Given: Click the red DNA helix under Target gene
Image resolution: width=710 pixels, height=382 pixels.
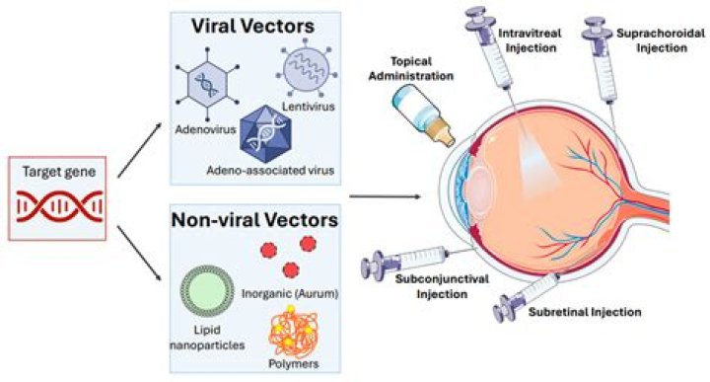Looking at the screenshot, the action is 59,206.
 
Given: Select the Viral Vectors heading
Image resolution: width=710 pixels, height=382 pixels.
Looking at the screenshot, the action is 252,26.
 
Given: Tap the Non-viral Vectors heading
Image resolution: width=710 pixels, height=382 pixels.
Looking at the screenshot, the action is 254,220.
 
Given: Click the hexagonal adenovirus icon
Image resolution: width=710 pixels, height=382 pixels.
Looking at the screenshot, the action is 207,84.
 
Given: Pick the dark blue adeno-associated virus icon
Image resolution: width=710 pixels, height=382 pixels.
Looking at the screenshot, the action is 266,134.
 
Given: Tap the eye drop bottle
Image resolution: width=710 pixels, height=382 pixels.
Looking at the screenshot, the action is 423,115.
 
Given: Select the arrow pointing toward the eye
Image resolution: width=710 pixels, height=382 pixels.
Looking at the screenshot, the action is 386,196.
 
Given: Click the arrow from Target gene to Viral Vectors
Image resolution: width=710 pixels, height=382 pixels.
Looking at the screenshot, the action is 139,150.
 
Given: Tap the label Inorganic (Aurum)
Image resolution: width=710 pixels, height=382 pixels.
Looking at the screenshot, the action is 290,293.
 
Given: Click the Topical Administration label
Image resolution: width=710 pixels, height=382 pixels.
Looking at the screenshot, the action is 411,68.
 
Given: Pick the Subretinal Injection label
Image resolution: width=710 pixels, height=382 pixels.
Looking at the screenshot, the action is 585,312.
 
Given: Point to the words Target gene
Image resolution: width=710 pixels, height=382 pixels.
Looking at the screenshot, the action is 59,172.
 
